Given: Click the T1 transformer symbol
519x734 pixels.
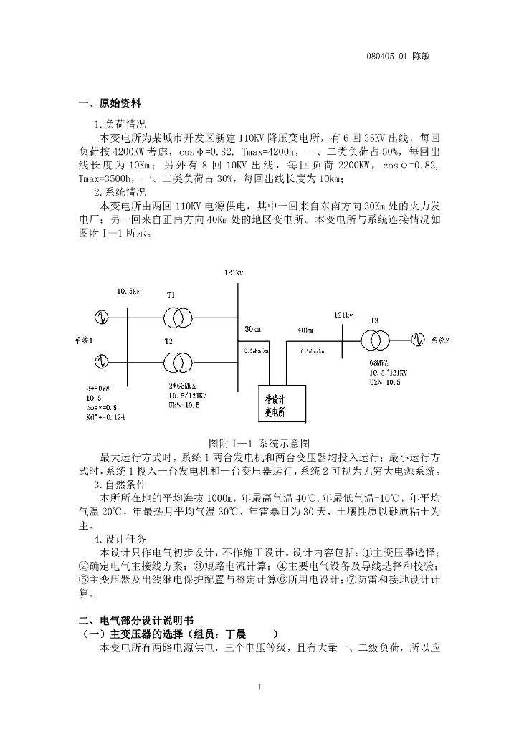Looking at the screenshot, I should pos(176,316).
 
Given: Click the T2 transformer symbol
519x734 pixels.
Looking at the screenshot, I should pos(176,359).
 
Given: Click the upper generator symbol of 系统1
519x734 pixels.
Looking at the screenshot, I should pos(99,316).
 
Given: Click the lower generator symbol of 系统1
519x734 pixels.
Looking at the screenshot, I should pos(99,359).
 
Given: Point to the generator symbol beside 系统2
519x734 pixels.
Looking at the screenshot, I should pos(417,338).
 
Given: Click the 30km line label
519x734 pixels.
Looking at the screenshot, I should pos(252,329).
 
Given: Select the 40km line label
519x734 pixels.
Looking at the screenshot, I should pos(305,330).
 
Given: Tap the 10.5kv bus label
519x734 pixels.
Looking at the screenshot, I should pos(128,291).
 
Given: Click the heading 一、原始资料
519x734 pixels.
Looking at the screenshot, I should pos(110,103).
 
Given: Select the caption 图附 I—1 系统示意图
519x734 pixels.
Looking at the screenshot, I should pos(259,442).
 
